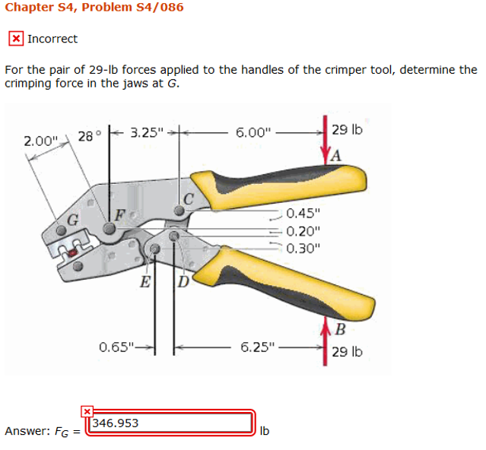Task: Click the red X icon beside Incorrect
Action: point(15,39)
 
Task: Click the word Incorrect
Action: point(52,39)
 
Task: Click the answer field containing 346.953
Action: point(170,423)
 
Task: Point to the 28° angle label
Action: point(87,137)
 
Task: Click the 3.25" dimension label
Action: point(147,132)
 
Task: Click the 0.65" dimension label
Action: point(116,348)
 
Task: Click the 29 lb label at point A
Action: point(348,130)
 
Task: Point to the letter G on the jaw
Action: point(73,218)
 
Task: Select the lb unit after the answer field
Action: point(265,431)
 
